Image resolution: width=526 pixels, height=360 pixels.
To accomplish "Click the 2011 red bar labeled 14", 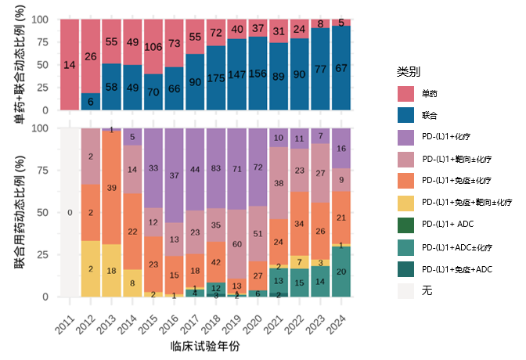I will tap(70, 65).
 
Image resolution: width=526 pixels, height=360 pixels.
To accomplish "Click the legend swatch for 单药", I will tap(406, 94).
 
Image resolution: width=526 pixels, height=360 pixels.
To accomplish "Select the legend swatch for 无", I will tap(406, 291).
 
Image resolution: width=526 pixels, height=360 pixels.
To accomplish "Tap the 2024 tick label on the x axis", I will tap(337, 320).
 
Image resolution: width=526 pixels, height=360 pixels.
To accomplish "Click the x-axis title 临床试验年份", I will tap(204, 345).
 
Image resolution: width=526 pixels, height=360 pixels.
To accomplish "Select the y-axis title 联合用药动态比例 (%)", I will tap(20, 212).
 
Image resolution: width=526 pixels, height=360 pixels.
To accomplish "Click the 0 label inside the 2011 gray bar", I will tap(70, 212).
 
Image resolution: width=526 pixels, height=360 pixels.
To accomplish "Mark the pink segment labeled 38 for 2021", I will tap(278, 183).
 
